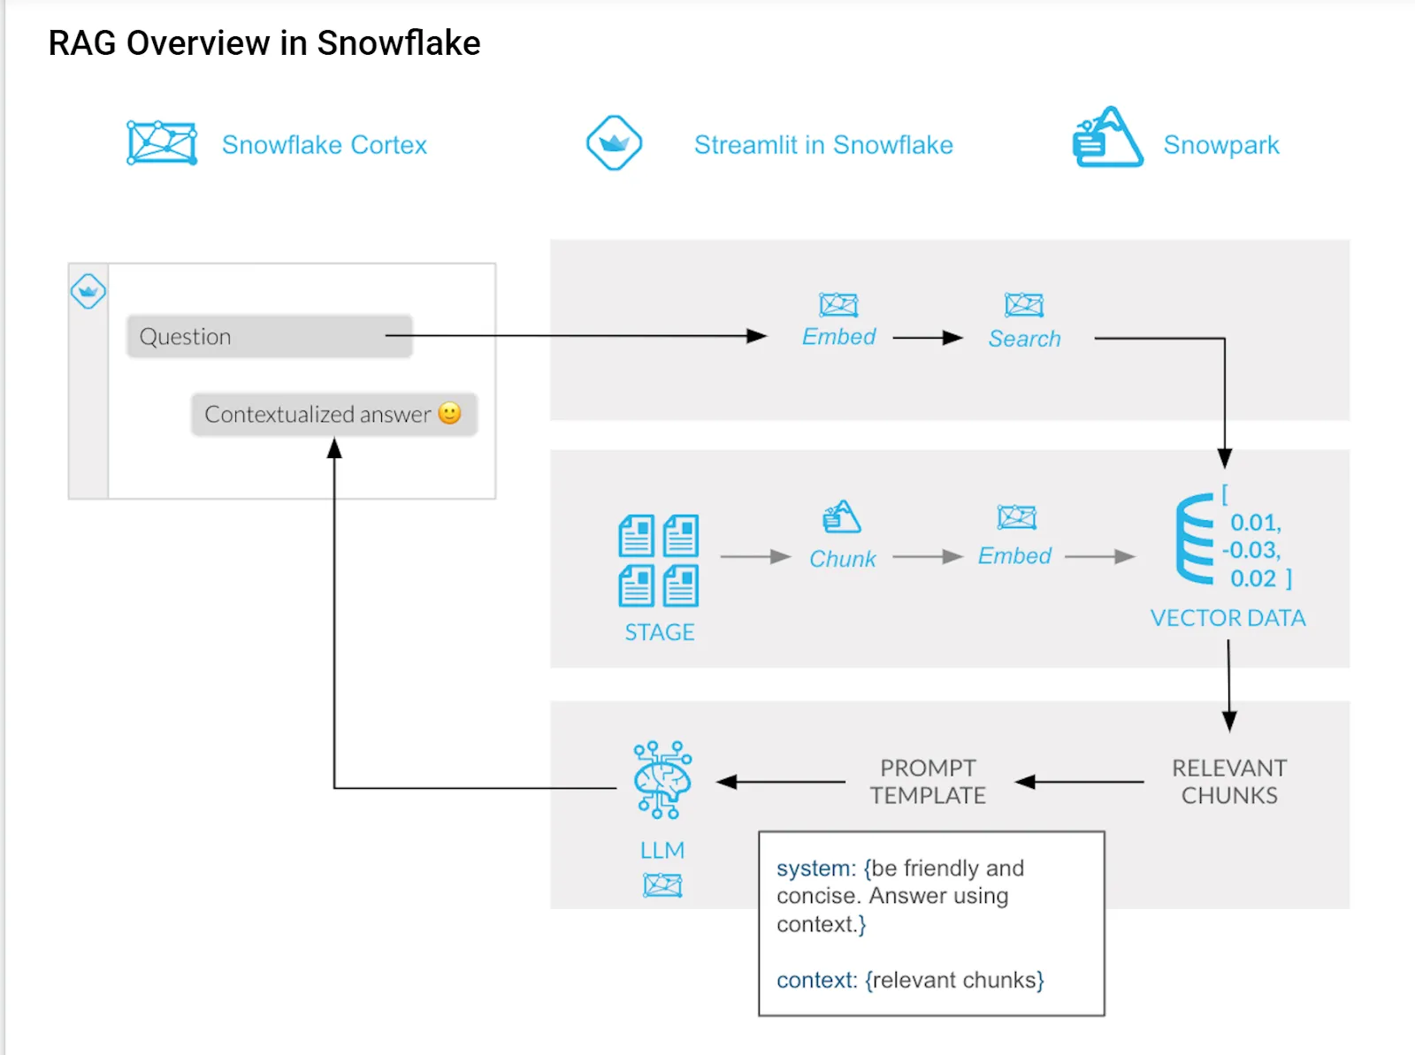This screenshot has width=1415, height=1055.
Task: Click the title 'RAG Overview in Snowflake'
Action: coord(264,43)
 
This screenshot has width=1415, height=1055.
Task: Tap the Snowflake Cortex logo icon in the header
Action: coord(162,143)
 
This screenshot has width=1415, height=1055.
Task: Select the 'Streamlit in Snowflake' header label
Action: coord(822,145)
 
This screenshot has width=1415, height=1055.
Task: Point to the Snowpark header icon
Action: coord(1106,139)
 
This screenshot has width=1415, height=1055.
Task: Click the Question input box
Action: coord(269,337)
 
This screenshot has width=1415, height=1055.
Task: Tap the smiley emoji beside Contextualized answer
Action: coord(450,413)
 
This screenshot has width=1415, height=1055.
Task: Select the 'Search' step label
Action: coord(1024,339)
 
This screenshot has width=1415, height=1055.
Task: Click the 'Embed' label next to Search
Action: coord(838,337)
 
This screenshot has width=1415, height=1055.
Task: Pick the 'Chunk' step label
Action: coord(842,559)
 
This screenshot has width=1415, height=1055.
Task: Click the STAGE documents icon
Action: coord(659,561)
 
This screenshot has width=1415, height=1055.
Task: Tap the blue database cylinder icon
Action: coord(1195,539)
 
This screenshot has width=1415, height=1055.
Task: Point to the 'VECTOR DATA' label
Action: coord(1228,618)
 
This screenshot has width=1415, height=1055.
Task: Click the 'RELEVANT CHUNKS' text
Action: coord(1229,782)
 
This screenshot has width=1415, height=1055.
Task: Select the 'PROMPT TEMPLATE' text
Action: coord(928,782)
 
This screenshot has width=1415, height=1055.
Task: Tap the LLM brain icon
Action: coord(662,780)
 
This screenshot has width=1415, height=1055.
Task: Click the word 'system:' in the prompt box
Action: coord(815,868)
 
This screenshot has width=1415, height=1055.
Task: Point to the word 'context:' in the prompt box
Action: coord(816,981)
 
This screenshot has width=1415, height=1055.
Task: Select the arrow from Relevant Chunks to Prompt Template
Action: coord(1079,782)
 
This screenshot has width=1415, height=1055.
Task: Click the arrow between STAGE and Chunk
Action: coord(754,556)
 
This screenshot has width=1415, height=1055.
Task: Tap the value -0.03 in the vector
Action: coord(1251,551)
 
